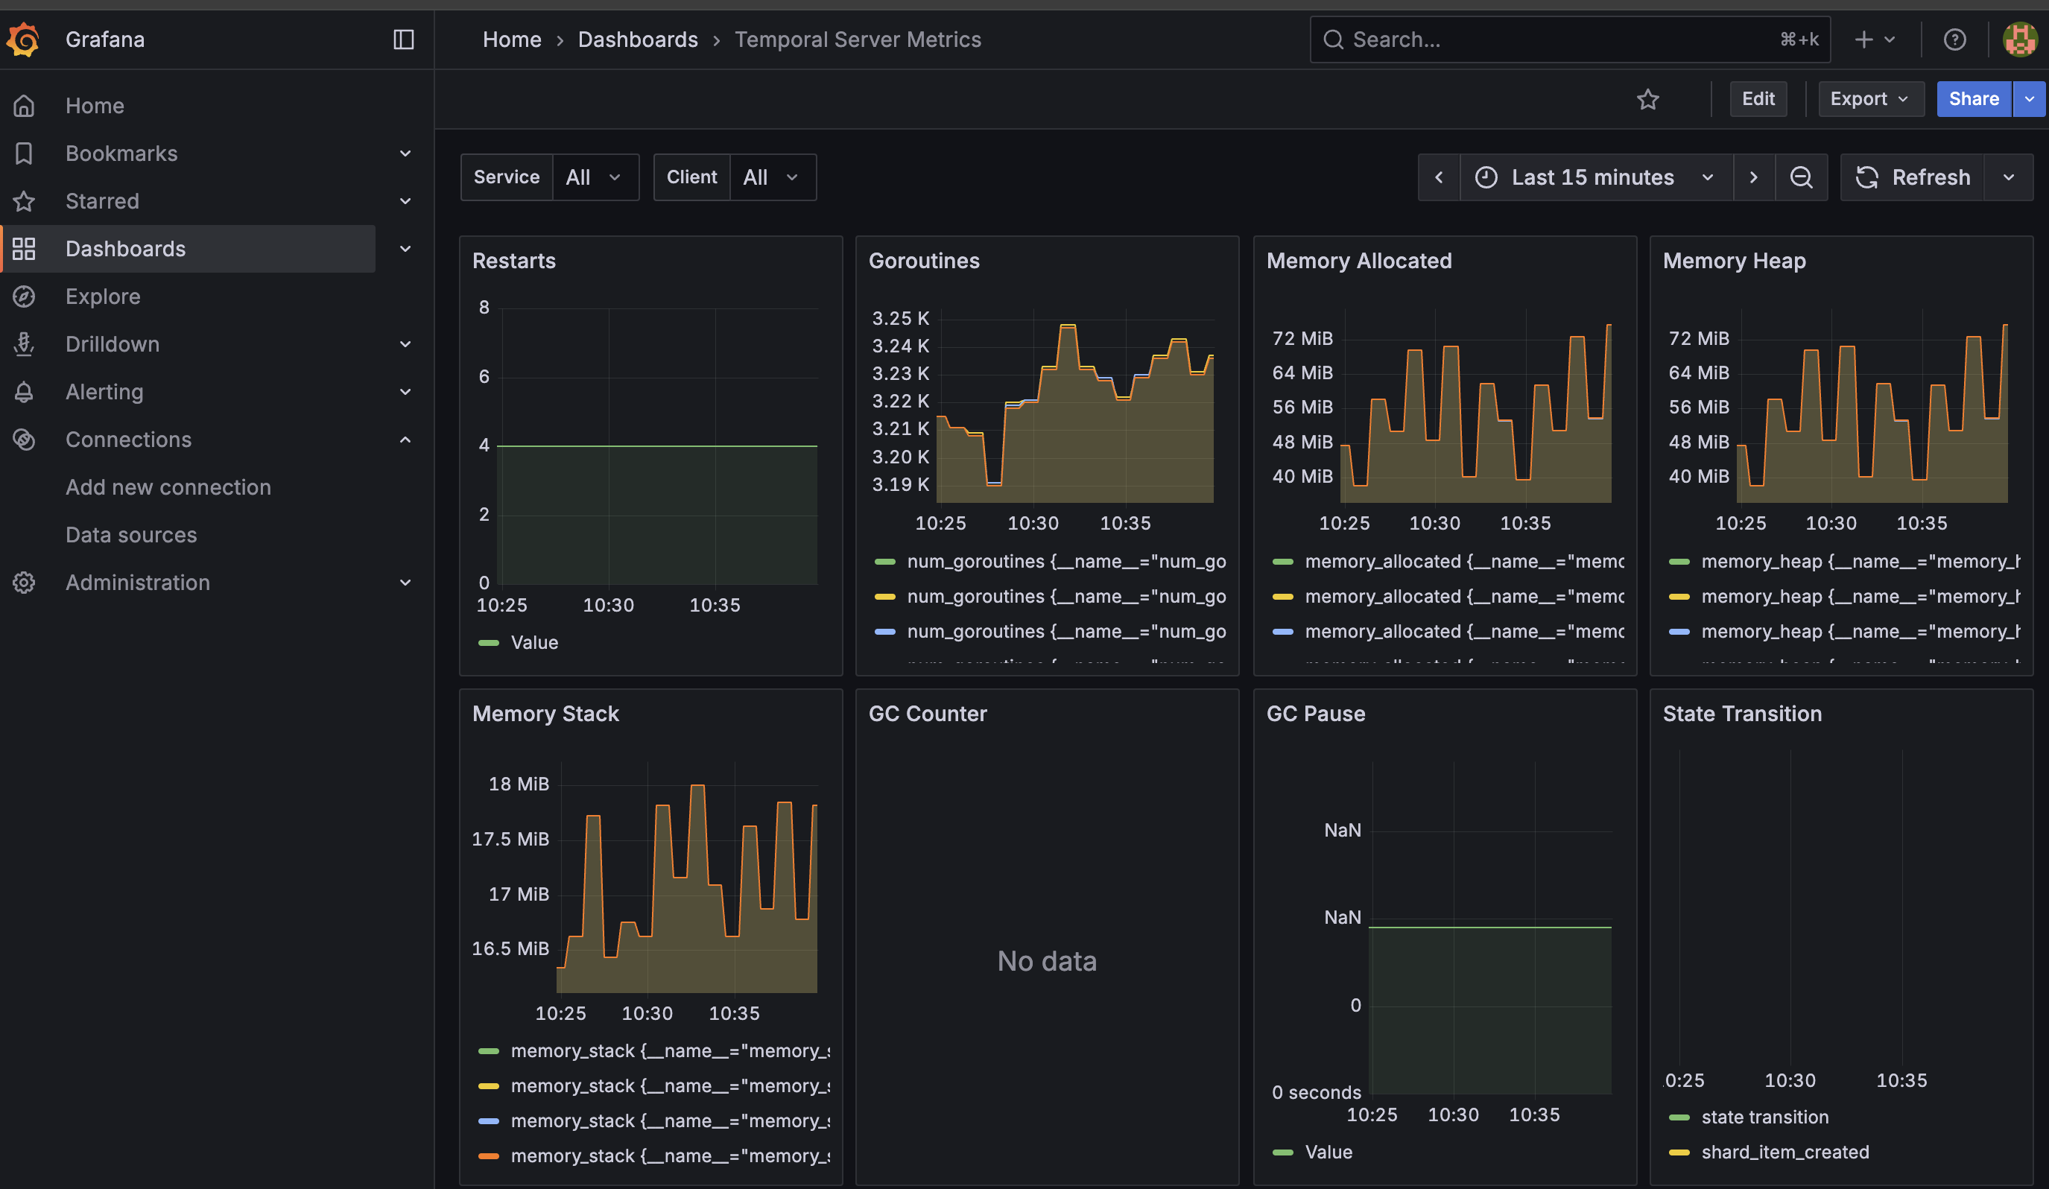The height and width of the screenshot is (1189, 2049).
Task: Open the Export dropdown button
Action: click(1869, 99)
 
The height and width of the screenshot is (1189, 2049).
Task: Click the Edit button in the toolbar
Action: click(1757, 99)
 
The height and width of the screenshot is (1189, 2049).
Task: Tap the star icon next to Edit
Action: click(1647, 99)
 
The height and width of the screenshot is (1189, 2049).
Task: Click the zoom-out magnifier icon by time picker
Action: click(1801, 177)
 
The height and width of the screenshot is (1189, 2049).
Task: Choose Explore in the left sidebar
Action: click(104, 297)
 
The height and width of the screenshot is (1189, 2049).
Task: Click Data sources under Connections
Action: click(131, 535)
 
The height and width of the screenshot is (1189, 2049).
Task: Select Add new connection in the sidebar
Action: click(168, 486)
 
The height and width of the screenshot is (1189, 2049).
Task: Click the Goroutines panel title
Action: click(924, 261)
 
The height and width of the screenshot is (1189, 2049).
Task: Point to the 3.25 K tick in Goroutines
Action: click(900, 319)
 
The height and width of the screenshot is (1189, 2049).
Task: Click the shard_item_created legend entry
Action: click(1784, 1152)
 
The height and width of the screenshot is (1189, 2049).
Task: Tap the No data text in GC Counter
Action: click(1046, 962)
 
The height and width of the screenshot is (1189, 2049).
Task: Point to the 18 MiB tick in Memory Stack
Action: click(519, 784)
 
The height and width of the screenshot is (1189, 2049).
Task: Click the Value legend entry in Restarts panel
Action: click(533, 642)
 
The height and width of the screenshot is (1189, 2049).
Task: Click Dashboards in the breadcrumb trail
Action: click(638, 39)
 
